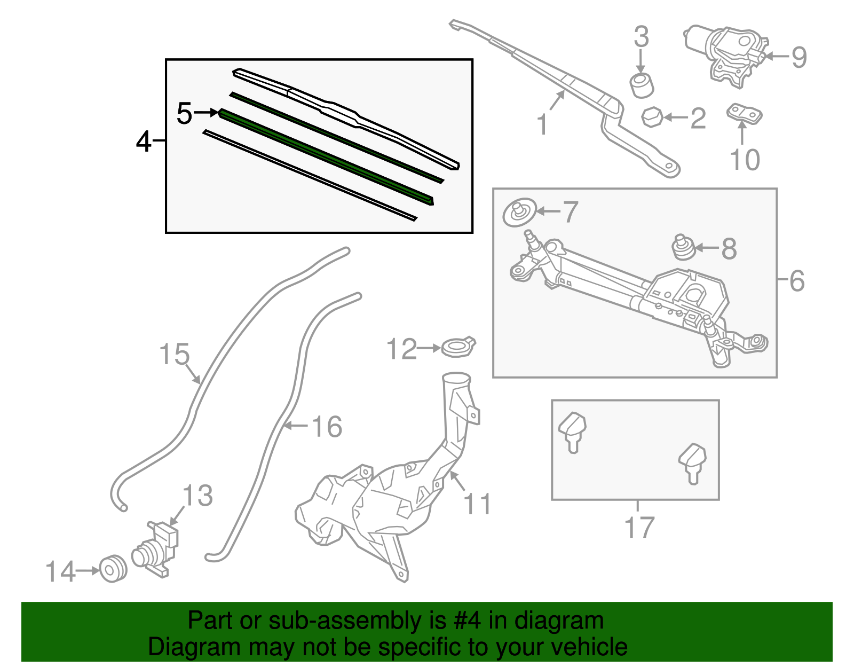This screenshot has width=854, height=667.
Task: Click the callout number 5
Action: [x=184, y=113]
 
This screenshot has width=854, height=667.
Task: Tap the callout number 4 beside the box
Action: [x=144, y=142]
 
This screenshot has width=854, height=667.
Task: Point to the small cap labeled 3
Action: [x=642, y=85]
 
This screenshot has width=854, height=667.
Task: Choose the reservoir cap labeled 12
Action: [x=458, y=347]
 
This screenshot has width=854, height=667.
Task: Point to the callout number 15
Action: [x=175, y=354]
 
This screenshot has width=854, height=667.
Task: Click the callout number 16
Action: [x=326, y=426]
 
